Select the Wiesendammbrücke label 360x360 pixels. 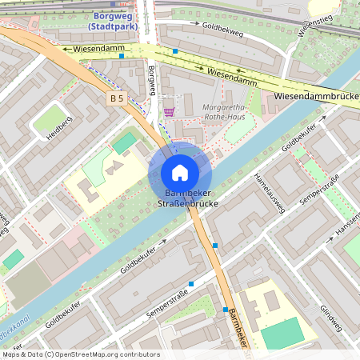316,95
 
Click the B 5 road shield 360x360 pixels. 118,98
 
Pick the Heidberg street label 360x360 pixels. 59,128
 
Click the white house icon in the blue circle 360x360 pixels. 180,173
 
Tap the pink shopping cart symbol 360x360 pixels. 169,112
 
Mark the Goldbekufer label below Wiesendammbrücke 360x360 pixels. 303,136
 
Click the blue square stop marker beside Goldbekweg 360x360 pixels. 174,51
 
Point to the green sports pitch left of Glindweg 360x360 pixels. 282,332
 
